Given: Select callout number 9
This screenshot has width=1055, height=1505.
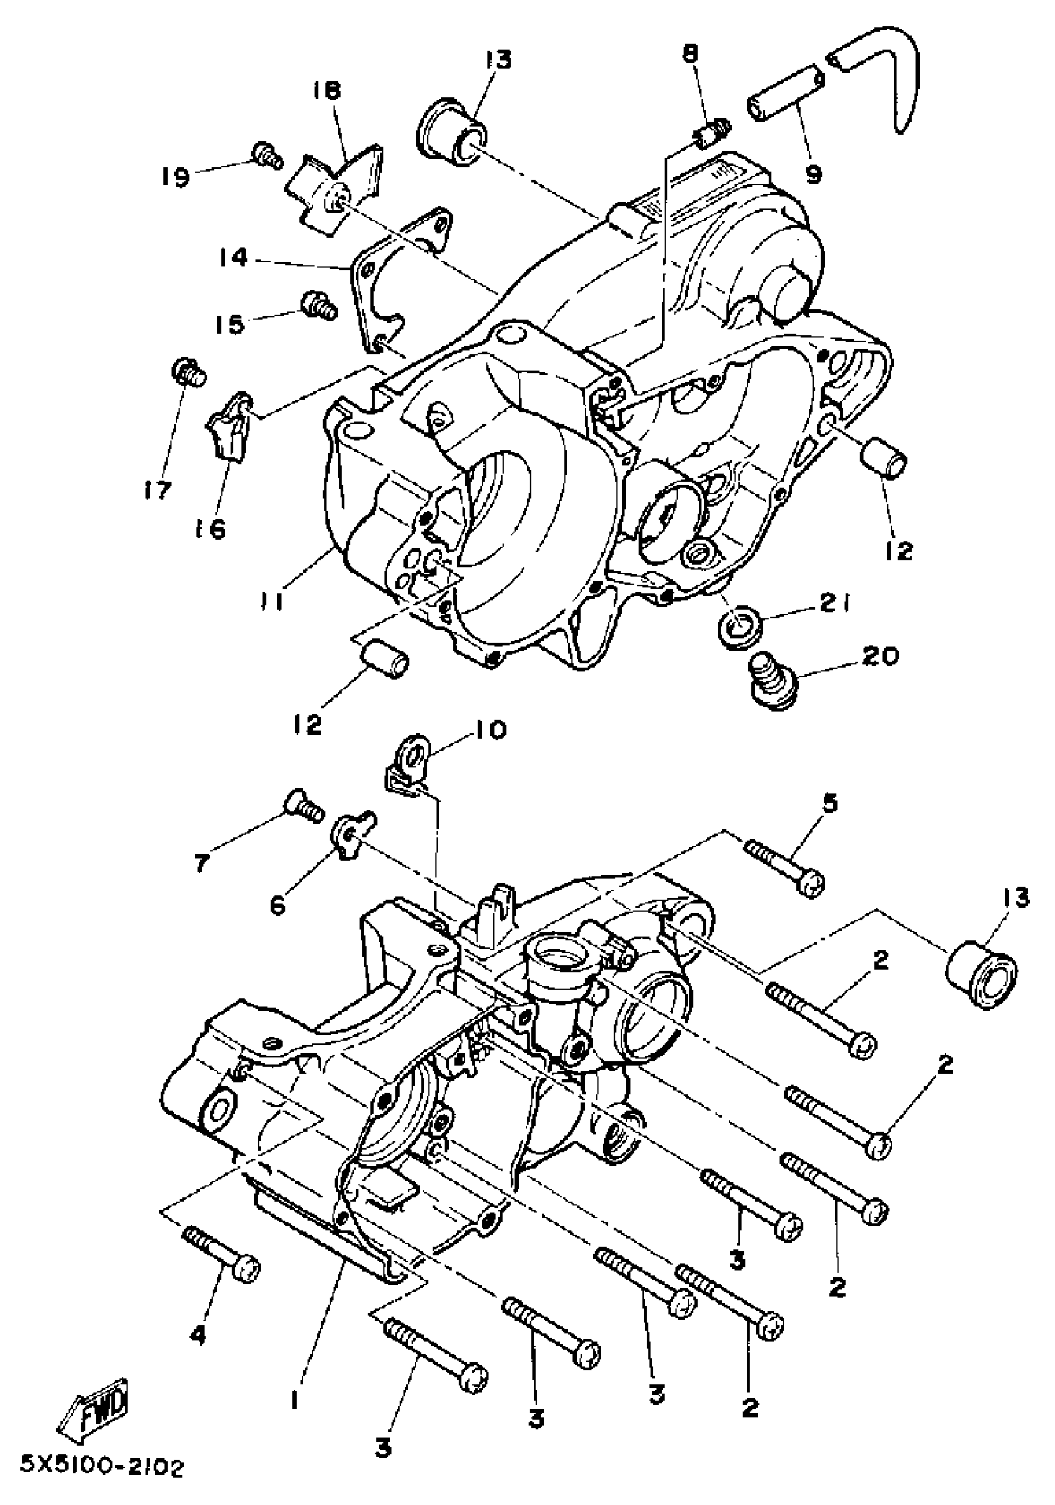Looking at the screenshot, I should click(x=814, y=175).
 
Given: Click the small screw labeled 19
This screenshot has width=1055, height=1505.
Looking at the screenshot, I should click(x=266, y=155).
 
